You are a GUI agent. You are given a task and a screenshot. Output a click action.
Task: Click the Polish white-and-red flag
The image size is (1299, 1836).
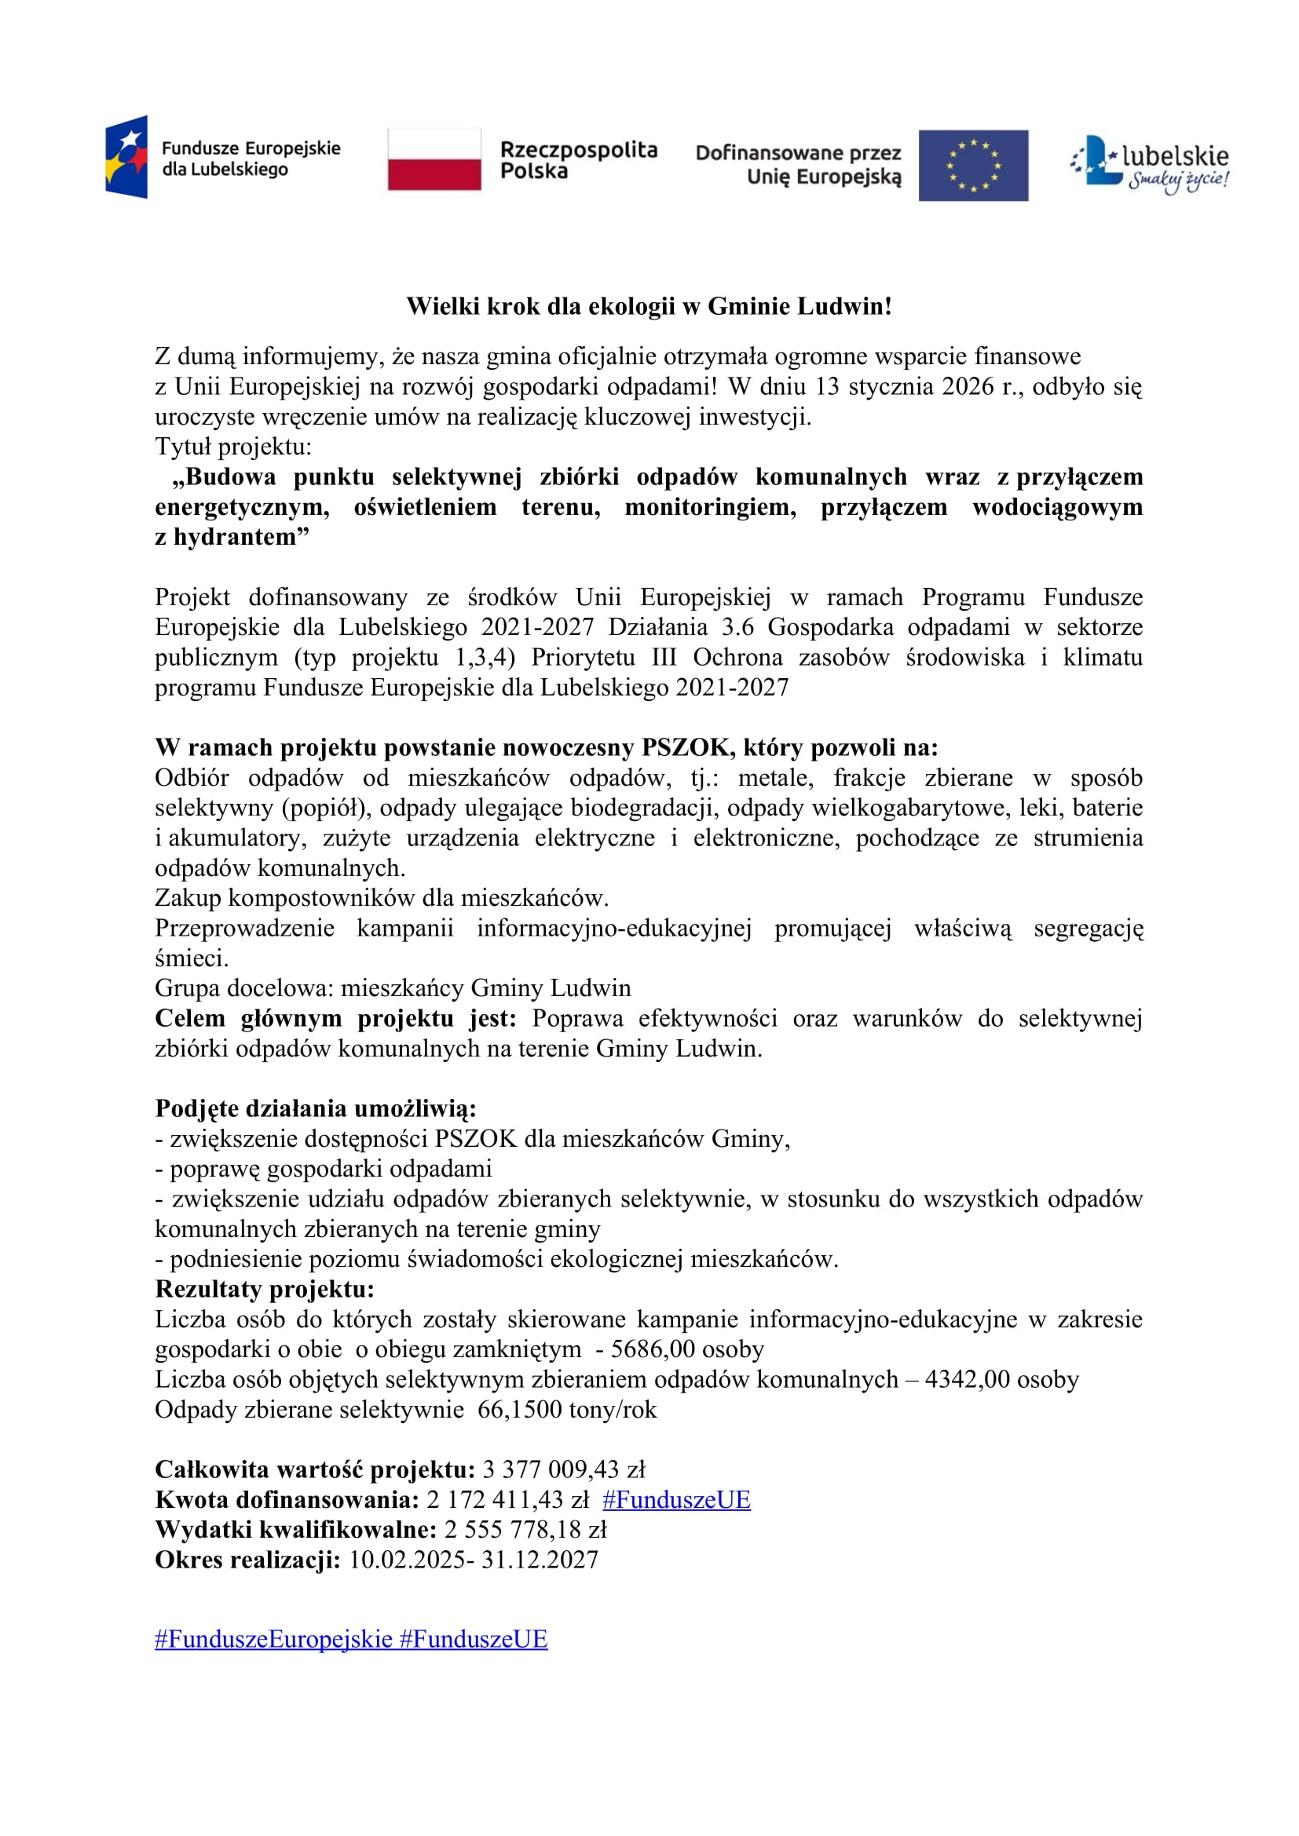coord(434,160)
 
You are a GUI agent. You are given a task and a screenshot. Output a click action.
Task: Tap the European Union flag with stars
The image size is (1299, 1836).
coord(972,166)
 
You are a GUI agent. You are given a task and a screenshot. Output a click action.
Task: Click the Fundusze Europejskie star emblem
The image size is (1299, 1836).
coord(126,157)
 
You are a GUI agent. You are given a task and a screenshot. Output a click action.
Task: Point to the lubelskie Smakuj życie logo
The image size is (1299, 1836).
coord(1150,165)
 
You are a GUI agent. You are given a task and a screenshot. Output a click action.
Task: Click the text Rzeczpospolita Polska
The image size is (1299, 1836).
coord(577,160)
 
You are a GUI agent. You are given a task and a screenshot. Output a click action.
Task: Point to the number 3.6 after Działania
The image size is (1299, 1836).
coord(737,627)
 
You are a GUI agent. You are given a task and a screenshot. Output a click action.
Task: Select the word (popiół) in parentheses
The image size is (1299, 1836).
coord(326,808)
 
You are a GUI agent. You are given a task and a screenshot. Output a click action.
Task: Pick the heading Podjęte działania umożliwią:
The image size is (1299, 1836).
coord(315,1109)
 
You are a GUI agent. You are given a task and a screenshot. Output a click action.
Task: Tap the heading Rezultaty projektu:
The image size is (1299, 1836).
coord(265,1290)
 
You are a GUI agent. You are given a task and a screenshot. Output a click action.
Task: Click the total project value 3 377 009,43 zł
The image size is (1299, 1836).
coord(563,1469)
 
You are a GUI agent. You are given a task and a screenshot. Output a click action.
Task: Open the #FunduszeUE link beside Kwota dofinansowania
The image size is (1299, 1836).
coord(676,1500)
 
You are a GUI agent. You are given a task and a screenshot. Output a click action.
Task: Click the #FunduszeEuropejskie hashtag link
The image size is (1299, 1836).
coord(273,1639)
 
